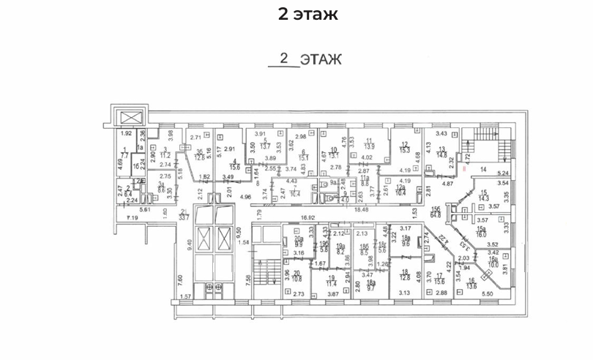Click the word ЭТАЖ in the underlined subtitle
click(319, 59)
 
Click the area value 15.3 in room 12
click(405, 150)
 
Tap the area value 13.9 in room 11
click(370, 148)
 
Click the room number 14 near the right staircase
click(482, 169)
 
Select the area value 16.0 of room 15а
click(480, 235)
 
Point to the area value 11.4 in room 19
click(332, 282)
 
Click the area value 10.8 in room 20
click(297, 278)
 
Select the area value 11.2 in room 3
click(166, 156)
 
